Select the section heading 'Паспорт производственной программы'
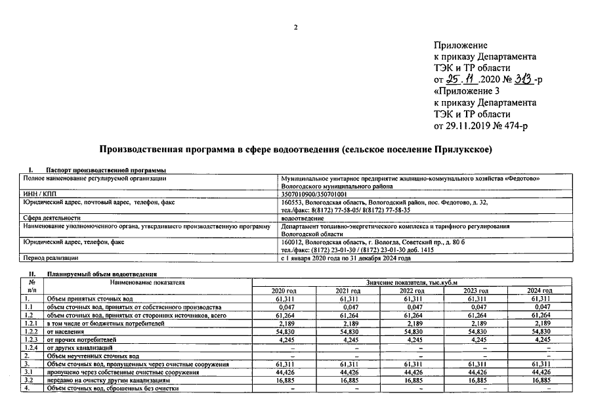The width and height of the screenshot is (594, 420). pos(105,171)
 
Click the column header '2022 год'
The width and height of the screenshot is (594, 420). pos(412,291)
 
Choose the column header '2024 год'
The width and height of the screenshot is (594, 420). pos(540,291)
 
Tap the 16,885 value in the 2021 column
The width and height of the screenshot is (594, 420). pos(349,380)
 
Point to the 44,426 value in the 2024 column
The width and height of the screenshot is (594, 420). pos(540,372)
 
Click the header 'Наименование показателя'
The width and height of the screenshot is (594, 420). pos(148,283)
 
